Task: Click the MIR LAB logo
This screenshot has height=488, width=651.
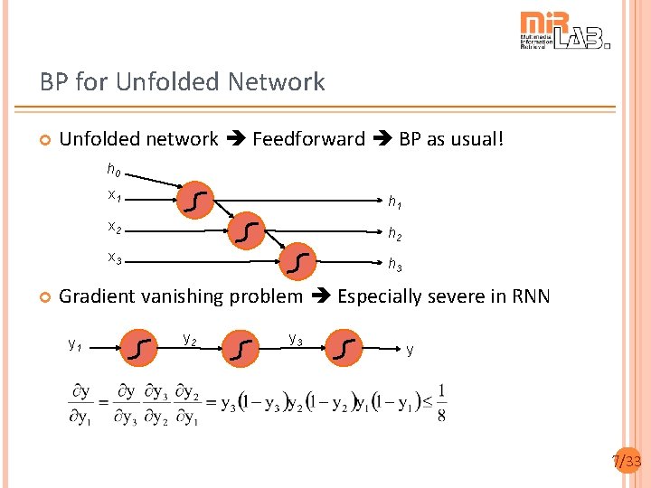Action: click(x=564, y=31)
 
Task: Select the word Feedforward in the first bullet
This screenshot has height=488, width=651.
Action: click(x=308, y=139)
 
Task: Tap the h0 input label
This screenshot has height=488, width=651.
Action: click(x=114, y=170)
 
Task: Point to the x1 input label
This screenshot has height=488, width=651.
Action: click(x=115, y=195)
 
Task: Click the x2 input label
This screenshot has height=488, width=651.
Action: click(x=115, y=226)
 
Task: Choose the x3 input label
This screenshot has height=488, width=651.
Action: click(x=115, y=258)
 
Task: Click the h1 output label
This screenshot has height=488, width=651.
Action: click(x=395, y=202)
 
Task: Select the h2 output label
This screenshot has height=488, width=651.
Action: click(x=395, y=234)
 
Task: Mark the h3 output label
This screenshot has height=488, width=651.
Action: click(x=395, y=265)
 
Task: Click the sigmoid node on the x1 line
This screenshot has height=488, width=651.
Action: click(x=197, y=202)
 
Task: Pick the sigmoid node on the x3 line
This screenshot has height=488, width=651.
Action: click(x=298, y=262)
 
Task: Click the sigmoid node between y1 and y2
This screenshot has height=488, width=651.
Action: click(x=138, y=347)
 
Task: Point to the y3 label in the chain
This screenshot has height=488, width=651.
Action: click(x=295, y=340)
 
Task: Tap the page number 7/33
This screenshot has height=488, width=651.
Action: click(x=627, y=463)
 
